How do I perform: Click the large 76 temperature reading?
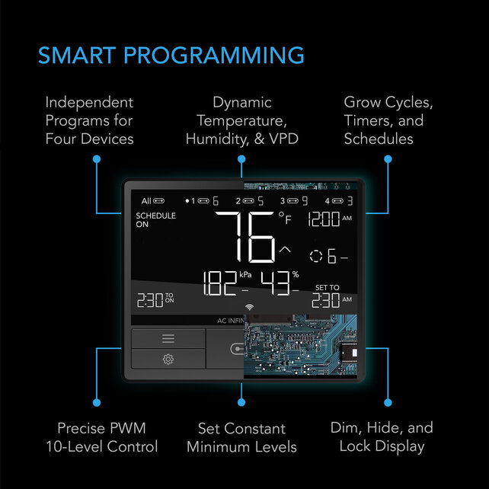pyautogui.click(x=245, y=237)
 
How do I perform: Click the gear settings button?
pyautogui.click(x=168, y=359)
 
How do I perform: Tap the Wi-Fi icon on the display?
pyautogui.click(x=248, y=307)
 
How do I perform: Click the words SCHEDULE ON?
pyautogui.click(x=155, y=220)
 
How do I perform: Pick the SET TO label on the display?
pyautogui.click(x=328, y=287)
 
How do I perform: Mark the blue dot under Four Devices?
pyautogui.click(x=97, y=158)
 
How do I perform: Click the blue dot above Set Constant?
pyautogui.click(x=241, y=401)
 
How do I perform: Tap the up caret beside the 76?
pyautogui.click(x=285, y=249)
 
